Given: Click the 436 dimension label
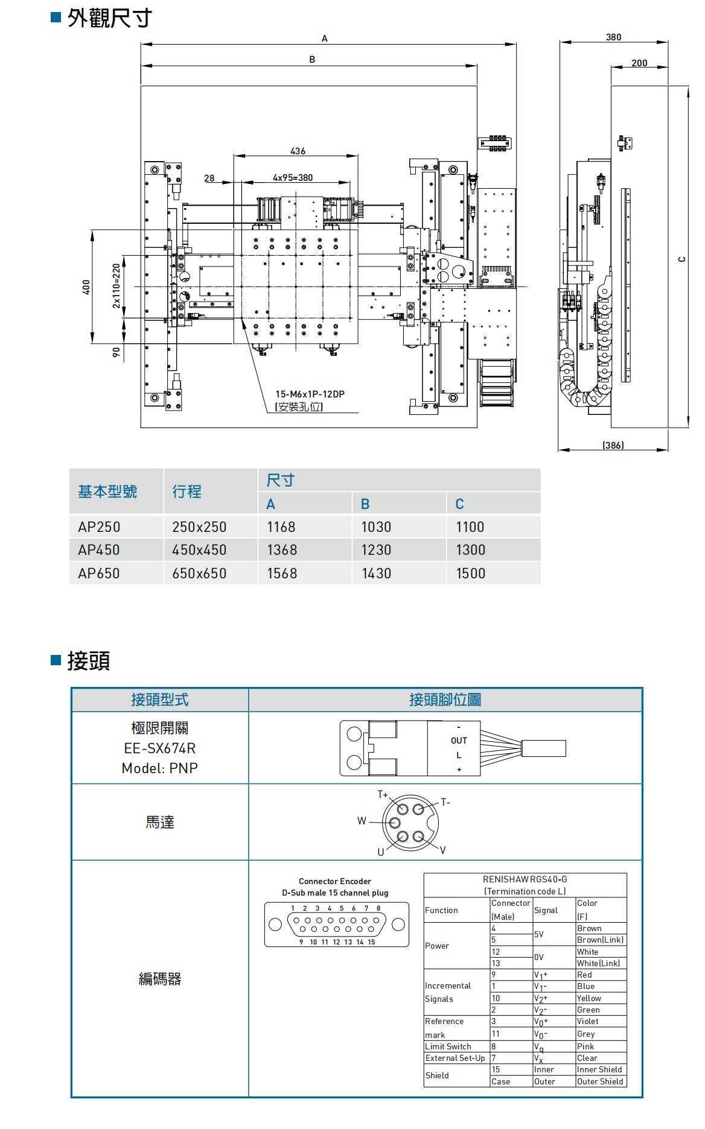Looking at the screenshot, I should pyautogui.click(x=298, y=151).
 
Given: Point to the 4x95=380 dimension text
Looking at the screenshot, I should pyautogui.click(x=293, y=177).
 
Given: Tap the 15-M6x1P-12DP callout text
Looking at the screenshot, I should pyautogui.click(x=310, y=394).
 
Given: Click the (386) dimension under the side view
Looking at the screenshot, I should pyautogui.click(x=613, y=445).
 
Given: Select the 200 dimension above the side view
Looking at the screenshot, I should pyautogui.click(x=639, y=63).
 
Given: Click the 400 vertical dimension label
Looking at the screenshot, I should pyautogui.click(x=86, y=287).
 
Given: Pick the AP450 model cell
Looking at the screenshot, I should pyautogui.click(x=99, y=550).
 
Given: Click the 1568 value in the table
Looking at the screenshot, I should pyautogui.click(x=282, y=574).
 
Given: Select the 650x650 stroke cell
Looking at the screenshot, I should pyautogui.click(x=199, y=574).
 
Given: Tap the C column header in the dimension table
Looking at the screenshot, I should pyautogui.click(x=459, y=504).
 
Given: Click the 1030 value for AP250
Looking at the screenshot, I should pyautogui.click(x=376, y=527).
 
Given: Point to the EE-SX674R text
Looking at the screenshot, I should pyautogui.click(x=160, y=748).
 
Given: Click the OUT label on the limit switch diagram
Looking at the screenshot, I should pyautogui.click(x=459, y=741).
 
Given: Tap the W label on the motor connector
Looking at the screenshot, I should pyautogui.click(x=362, y=821).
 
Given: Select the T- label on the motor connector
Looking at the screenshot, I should pyautogui.click(x=445, y=802).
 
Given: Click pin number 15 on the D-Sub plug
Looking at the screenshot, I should pyautogui.click(x=371, y=942).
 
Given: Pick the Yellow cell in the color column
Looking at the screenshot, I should pyautogui.click(x=589, y=998).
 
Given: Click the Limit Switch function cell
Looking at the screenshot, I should pyautogui.click(x=448, y=1046).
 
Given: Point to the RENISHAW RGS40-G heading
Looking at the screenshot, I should pyautogui.click(x=525, y=879).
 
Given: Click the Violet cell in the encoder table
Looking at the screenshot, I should pyautogui.click(x=588, y=1021).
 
